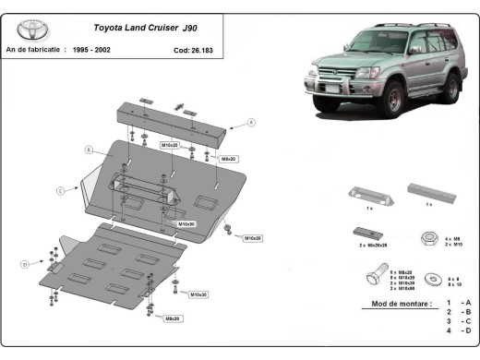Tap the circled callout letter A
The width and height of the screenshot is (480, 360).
(x=252, y=122)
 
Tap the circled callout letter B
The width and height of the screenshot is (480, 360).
(x=89, y=149)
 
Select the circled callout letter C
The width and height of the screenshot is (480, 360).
(x=60, y=190)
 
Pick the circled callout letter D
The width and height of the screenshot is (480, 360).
(x=24, y=264)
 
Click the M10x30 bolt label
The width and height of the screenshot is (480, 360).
(x=198, y=294)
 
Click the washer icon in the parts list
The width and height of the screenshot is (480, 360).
(x=427, y=276)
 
